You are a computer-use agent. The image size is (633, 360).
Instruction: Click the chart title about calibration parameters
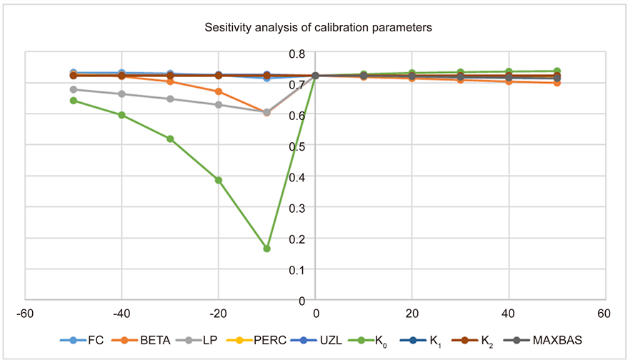point(316,28)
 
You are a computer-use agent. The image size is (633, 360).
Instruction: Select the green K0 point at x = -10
point(266,249)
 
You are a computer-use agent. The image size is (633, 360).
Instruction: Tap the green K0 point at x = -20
point(219,180)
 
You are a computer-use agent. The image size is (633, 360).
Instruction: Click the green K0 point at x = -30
point(170,139)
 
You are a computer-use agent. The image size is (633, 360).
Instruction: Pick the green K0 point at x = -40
point(122,115)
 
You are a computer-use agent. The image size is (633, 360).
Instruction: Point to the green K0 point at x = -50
point(74,101)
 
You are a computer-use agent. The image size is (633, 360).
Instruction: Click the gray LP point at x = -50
point(74,89)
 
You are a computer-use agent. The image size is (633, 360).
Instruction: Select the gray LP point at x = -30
point(170,99)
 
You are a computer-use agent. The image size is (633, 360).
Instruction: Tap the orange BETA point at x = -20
point(219,91)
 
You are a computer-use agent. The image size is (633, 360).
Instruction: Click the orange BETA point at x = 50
point(557,83)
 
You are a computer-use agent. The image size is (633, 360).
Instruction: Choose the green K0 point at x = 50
point(557,71)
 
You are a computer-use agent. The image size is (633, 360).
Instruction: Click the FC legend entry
point(86,340)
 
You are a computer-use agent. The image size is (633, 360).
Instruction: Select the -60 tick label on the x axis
point(26,314)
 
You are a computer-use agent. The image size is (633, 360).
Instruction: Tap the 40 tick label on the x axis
point(508,314)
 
